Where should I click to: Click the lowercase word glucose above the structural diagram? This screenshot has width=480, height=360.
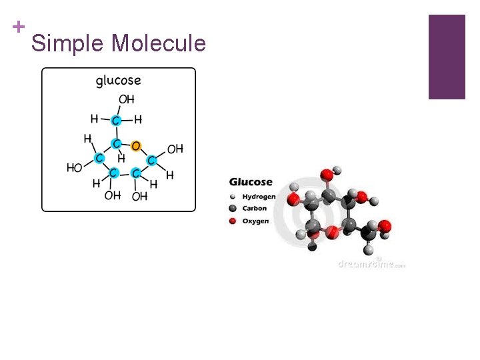pyautogui.click(x=119, y=81)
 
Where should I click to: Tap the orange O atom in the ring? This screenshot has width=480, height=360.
pyautogui.click(x=135, y=145)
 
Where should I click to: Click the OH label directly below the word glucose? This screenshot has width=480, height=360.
pyautogui.click(x=126, y=99)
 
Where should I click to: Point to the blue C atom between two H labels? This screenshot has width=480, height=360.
pyautogui.click(x=116, y=120)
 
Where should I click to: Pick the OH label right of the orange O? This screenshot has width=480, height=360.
pyautogui.click(x=175, y=148)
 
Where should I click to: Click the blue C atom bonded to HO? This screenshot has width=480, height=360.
pyautogui.click(x=99, y=159)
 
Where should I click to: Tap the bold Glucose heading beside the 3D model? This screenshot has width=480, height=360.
pyautogui.click(x=251, y=182)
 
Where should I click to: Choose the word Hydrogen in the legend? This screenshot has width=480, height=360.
pyautogui.click(x=259, y=197)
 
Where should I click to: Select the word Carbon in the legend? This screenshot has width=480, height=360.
pyautogui.click(x=255, y=209)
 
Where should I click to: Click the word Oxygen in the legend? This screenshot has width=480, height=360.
pyautogui.click(x=255, y=221)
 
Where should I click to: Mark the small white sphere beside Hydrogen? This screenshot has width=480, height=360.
pyautogui.click(x=233, y=197)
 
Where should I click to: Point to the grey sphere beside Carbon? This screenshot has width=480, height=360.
pyautogui.click(x=233, y=209)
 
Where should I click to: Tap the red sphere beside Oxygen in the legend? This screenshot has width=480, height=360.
pyautogui.click(x=233, y=221)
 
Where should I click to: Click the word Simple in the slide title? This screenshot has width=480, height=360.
pyautogui.click(x=67, y=44)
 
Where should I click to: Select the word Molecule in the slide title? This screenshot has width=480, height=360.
pyautogui.click(x=159, y=44)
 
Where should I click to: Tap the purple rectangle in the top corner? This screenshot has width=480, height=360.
pyautogui.click(x=446, y=57)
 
